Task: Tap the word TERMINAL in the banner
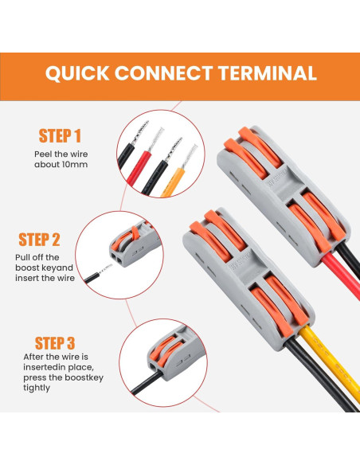point(267,73)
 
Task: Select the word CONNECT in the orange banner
point(164,73)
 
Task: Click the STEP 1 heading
point(60,136)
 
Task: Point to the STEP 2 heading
point(39,240)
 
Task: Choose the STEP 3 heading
point(55,343)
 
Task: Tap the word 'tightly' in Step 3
point(37,388)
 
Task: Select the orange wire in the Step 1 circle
point(173,182)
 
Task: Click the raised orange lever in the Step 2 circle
point(135,232)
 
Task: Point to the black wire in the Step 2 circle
point(92,278)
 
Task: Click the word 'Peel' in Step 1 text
point(43,154)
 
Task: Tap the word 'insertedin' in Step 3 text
point(45,367)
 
